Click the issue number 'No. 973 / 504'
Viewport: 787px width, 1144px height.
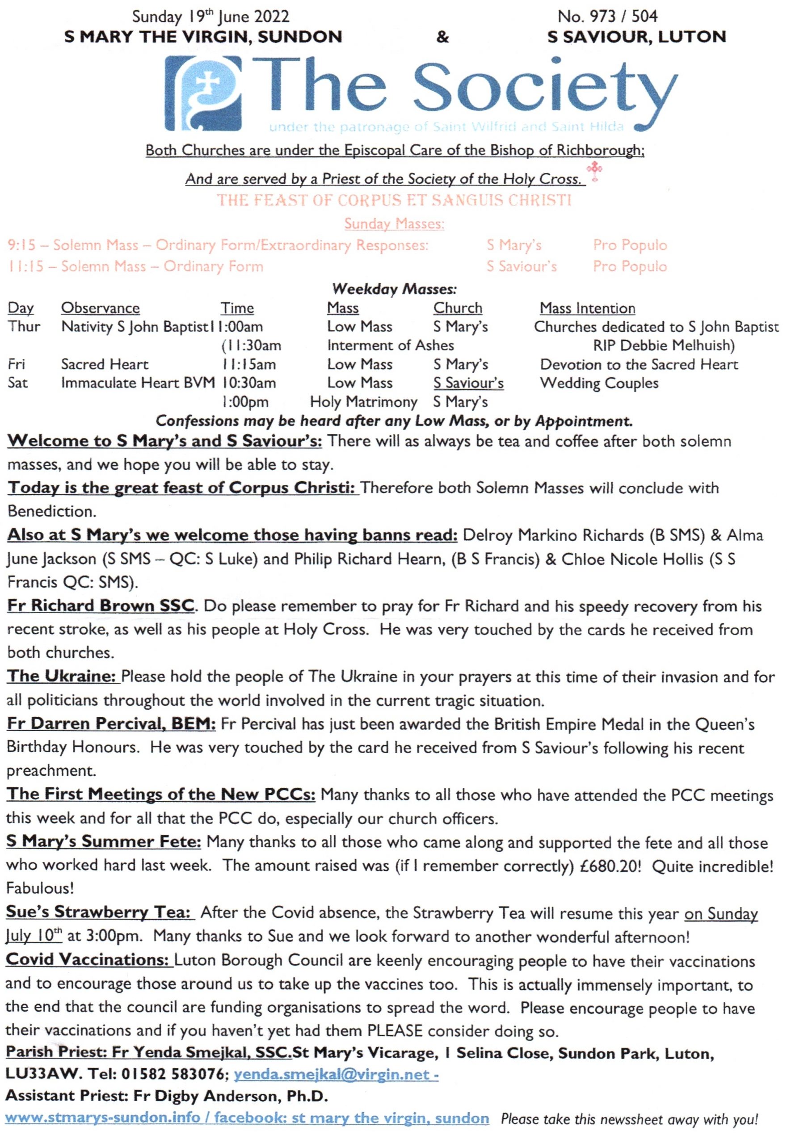(x=607, y=17)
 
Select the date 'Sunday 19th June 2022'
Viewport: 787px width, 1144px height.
(x=210, y=17)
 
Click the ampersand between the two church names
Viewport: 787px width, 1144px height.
(x=443, y=38)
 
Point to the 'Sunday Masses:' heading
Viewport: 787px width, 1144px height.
(x=394, y=224)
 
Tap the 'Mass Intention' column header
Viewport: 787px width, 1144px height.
(x=587, y=308)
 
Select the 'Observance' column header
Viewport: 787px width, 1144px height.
(x=100, y=308)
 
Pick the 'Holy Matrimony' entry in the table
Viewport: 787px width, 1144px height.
(x=363, y=402)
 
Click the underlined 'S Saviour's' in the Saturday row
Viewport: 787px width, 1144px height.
(x=468, y=383)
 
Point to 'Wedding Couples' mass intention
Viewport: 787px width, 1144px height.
(x=599, y=383)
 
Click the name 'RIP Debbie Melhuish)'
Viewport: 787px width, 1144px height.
(x=664, y=345)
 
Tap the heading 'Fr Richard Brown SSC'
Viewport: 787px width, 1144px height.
(x=101, y=606)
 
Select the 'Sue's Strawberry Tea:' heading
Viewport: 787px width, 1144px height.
(x=98, y=913)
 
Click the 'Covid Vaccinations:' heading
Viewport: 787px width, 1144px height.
(x=89, y=959)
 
